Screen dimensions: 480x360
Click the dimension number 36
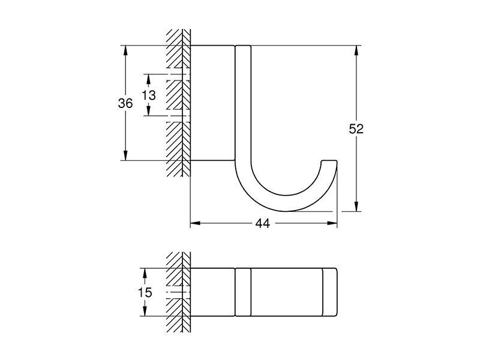pos(125,103)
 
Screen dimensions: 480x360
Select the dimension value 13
pos(149,95)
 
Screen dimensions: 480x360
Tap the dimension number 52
pos(356,128)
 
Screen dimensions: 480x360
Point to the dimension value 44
pos(263,223)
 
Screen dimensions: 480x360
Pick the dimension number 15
pos(145,292)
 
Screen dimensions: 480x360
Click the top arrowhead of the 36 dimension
pos(125,50)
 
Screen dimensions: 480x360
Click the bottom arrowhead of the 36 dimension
pos(125,155)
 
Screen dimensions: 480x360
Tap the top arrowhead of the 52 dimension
pos(356,50)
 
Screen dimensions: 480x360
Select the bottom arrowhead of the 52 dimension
pos(356,206)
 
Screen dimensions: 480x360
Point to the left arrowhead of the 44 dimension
pos(195,223)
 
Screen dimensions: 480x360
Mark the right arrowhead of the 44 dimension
pos(332,223)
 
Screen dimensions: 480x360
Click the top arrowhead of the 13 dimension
pos(148,79)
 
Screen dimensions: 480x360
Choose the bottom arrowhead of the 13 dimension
pos(148,111)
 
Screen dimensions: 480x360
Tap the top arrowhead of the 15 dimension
pos(145,273)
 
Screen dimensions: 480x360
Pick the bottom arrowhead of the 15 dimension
pos(145,311)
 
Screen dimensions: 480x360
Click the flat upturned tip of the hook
pos(329,160)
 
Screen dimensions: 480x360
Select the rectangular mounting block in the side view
pos(213,103)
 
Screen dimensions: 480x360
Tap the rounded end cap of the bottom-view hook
pos(330,292)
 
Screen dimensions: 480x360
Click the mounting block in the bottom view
pos(213,292)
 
